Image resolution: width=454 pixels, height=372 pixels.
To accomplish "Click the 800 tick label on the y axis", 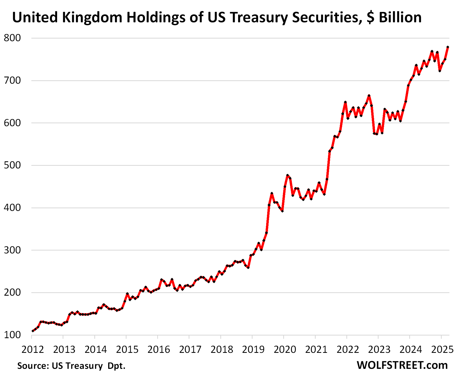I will point(12,38).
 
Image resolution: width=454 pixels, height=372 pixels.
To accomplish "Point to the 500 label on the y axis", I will point(12,165).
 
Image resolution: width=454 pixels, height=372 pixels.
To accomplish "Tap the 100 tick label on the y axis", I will point(12,335).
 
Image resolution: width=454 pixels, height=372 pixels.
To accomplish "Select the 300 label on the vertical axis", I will point(12,250).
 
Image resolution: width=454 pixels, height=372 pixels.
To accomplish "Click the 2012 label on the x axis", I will point(32,349).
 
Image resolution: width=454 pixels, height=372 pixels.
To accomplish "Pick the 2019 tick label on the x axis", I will point(253,349).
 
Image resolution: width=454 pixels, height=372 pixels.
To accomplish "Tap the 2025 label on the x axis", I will point(442,349).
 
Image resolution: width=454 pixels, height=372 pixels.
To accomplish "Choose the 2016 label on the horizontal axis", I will point(158,349).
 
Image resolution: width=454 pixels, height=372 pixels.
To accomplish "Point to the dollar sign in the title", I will point(370,18).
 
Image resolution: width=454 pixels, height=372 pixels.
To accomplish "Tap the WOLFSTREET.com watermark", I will point(402,365).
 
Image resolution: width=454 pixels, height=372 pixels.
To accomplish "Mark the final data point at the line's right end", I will point(448,47).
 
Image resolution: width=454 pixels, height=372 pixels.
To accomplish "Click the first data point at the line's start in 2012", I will point(32,331).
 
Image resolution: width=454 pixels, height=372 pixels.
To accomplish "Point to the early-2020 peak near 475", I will point(287,175).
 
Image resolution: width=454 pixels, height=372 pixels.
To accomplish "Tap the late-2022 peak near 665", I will point(369,96).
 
